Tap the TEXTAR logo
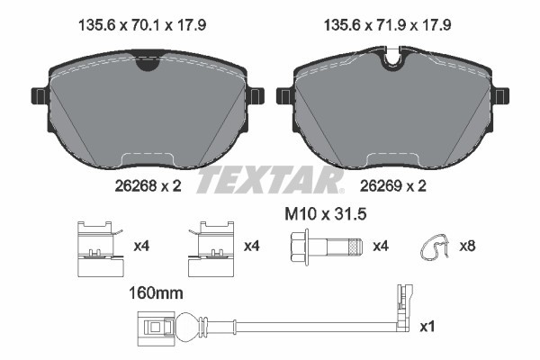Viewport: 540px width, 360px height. pos(270,179)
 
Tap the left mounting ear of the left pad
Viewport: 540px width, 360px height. pos(39,95)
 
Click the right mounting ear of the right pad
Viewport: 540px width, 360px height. pos(500,95)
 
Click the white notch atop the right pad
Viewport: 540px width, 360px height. pos(391,61)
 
